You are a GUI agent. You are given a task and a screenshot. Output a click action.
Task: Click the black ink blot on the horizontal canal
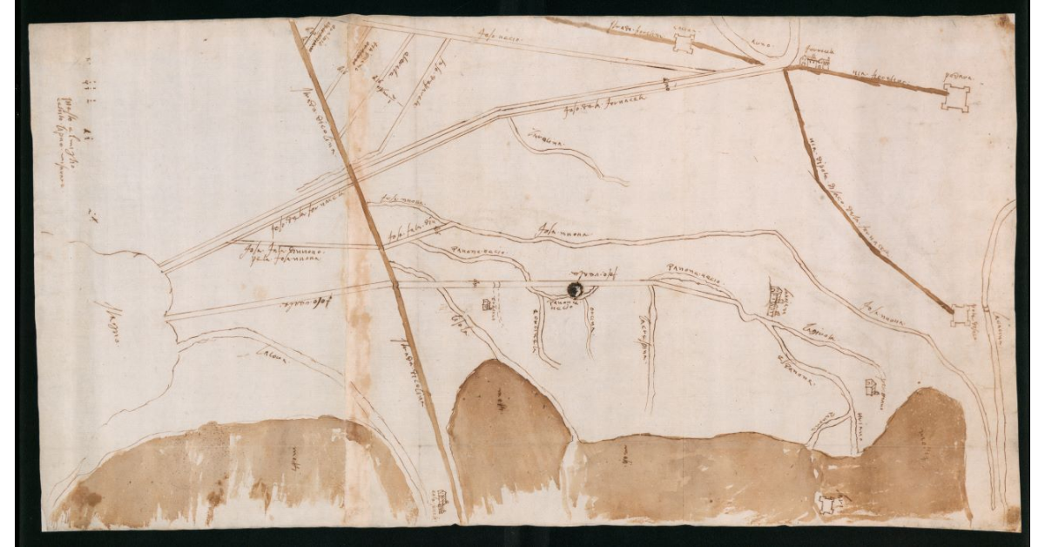[x=575, y=288]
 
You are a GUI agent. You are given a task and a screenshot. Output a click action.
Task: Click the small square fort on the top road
[x=683, y=41]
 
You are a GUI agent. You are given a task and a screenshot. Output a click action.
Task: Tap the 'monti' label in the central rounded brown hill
[x=500, y=402]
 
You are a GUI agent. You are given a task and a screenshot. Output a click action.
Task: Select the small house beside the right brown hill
[x=871, y=386]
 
